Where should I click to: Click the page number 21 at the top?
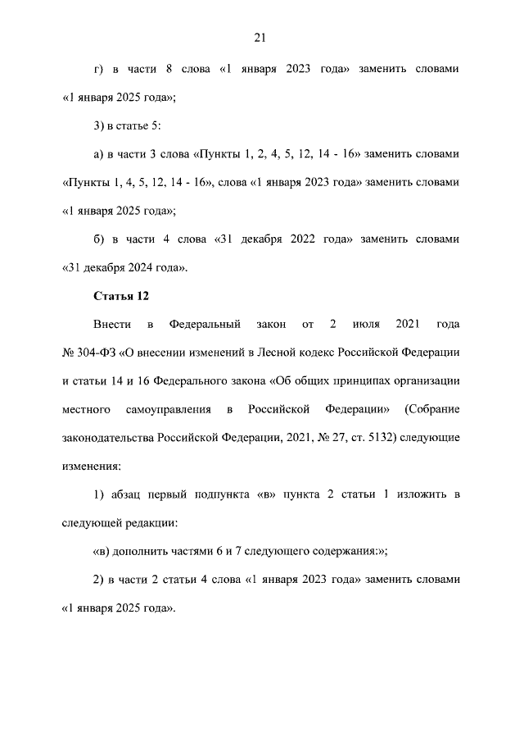point(261,38)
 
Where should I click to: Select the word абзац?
point(125,494)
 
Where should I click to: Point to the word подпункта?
point(224,494)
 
